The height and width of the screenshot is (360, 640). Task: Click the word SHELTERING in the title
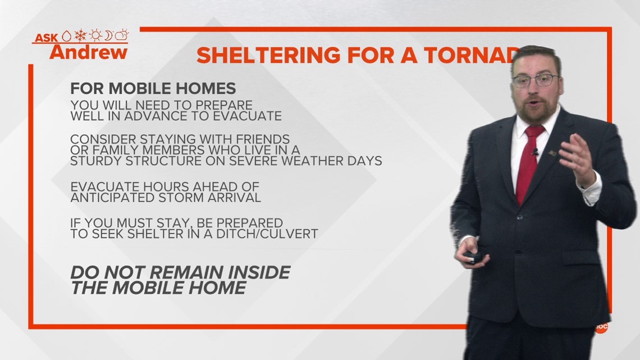pyautogui.click(x=268, y=56)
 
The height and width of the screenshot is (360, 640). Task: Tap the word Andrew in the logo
pyautogui.click(x=89, y=52)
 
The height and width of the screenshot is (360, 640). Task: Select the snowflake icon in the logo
pyautogui.click(x=81, y=35)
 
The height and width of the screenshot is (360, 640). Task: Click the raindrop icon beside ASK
pyautogui.click(x=67, y=37)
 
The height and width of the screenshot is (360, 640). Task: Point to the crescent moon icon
pyautogui.click(x=108, y=35)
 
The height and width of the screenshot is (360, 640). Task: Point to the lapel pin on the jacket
pyautogui.click(x=552, y=153)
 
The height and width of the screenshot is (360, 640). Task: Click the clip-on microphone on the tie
pyautogui.click(x=534, y=153)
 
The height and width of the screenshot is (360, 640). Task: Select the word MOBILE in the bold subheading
pyautogui.click(x=135, y=89)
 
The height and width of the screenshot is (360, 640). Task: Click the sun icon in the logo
pyautogui.click(x=95, y=35)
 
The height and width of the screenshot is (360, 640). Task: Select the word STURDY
pyautogui.click(x=96, y=161)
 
